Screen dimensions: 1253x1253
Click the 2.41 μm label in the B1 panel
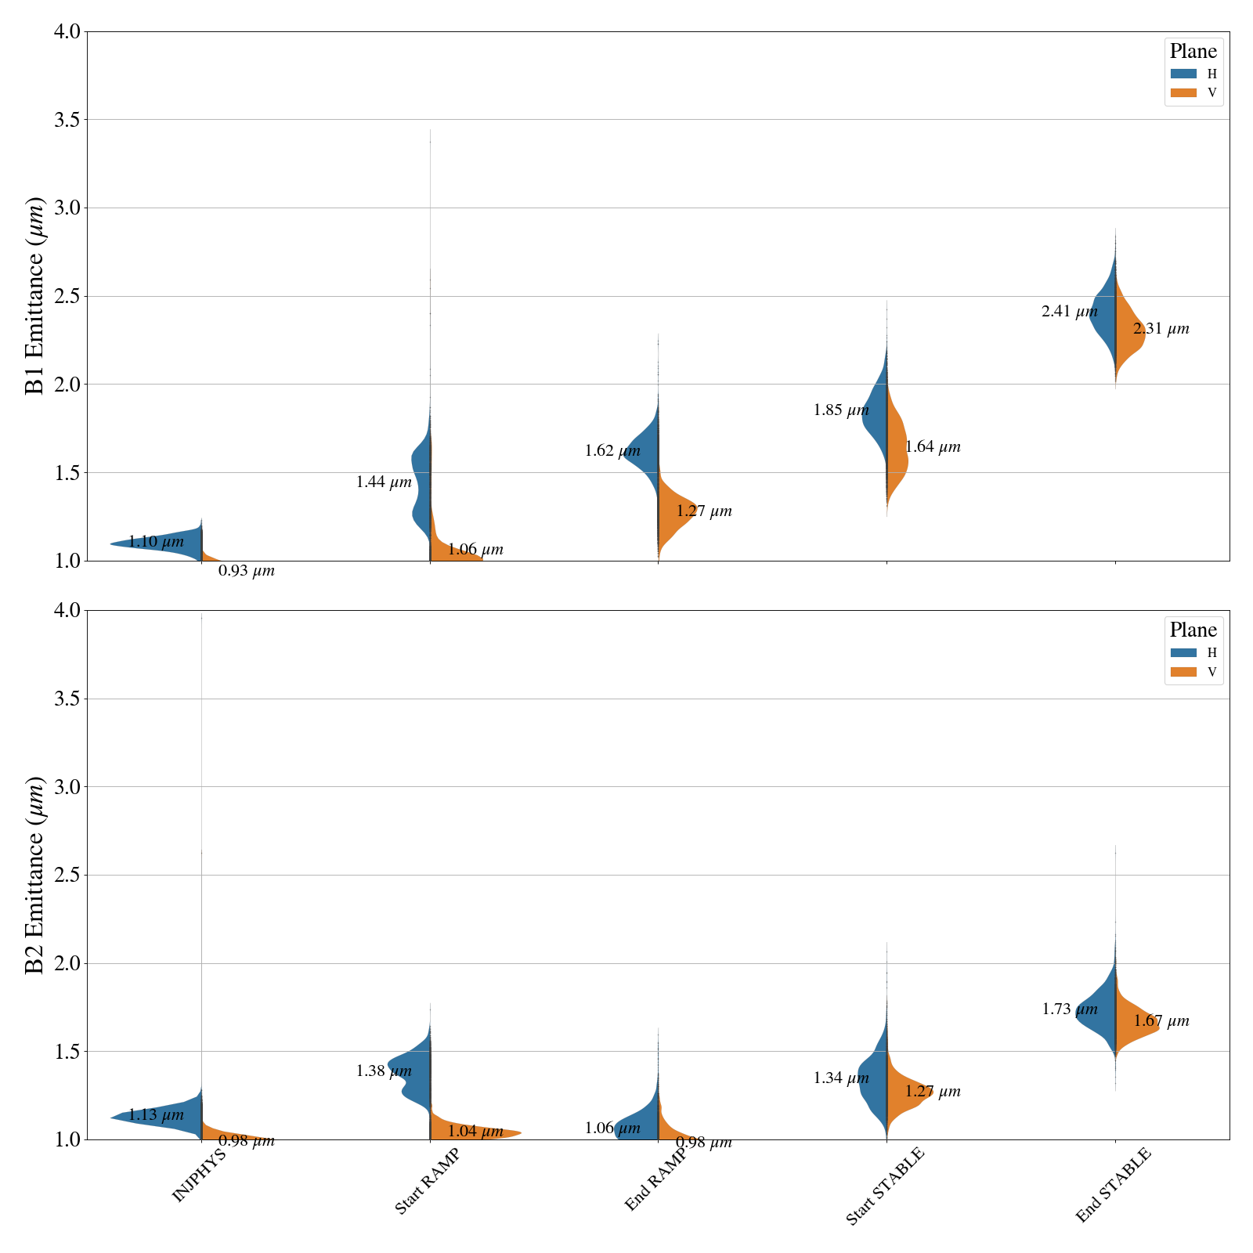1069,312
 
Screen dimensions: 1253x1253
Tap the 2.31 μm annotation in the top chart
1161,330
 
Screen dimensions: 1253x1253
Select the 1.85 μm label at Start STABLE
841,410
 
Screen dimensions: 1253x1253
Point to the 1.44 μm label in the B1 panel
384,482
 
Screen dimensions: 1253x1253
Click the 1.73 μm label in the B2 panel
1070,1009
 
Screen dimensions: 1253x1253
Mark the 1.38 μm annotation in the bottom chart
384,1071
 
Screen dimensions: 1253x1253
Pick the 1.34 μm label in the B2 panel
841,1078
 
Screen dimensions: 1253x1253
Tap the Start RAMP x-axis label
426,1183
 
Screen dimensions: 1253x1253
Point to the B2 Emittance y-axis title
35,875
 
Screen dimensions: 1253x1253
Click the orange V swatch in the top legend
1183,92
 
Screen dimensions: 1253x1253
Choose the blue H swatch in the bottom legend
1183,652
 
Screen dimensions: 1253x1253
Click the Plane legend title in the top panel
1193,52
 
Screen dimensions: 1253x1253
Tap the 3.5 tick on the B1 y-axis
67,120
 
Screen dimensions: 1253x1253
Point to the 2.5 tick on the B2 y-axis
67,875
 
